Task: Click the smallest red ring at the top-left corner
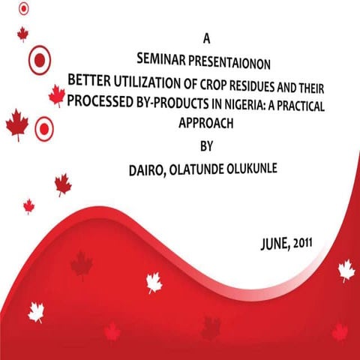pyautogui.click(x=23, y=8)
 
